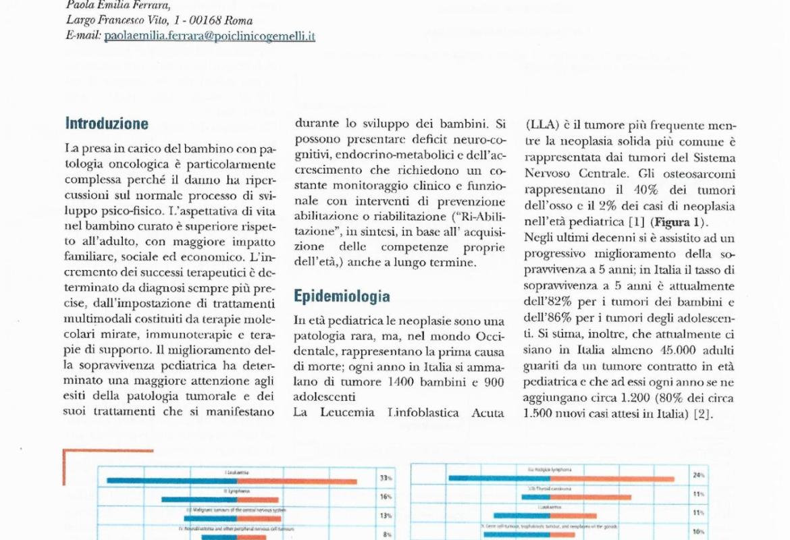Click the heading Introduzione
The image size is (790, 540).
(107, 124)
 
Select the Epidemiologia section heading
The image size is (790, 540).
(342, 296)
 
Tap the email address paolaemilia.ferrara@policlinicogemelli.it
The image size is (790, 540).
(210, 36)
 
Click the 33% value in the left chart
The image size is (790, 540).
(386, 479)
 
